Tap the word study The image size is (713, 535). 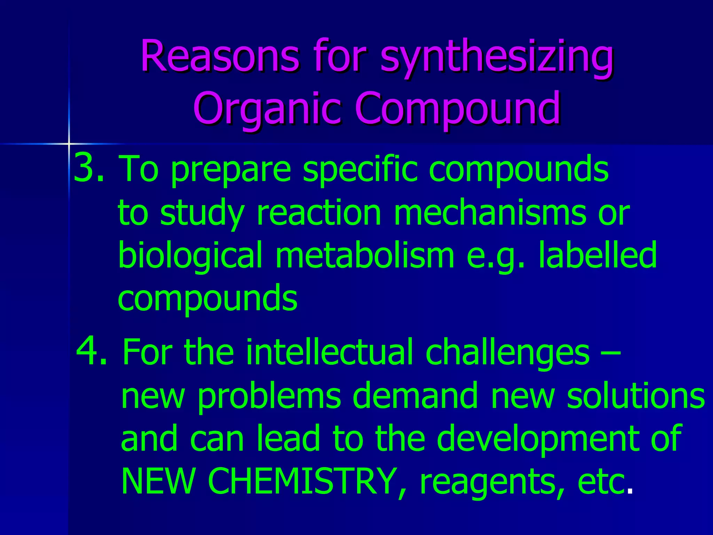202,213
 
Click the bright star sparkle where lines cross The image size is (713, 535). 69,143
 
